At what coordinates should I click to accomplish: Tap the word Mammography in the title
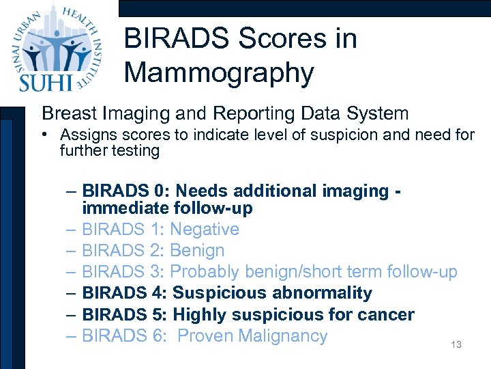[x=219, y=72]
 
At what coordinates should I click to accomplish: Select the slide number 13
[x=456, y=345]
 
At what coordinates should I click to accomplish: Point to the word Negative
[x=205, y=229]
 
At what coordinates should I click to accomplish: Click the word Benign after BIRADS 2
[x=197, y=250]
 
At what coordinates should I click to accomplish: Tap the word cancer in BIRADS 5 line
[x=383, y=314]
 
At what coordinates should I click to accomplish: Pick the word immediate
[x=125, y=208]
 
